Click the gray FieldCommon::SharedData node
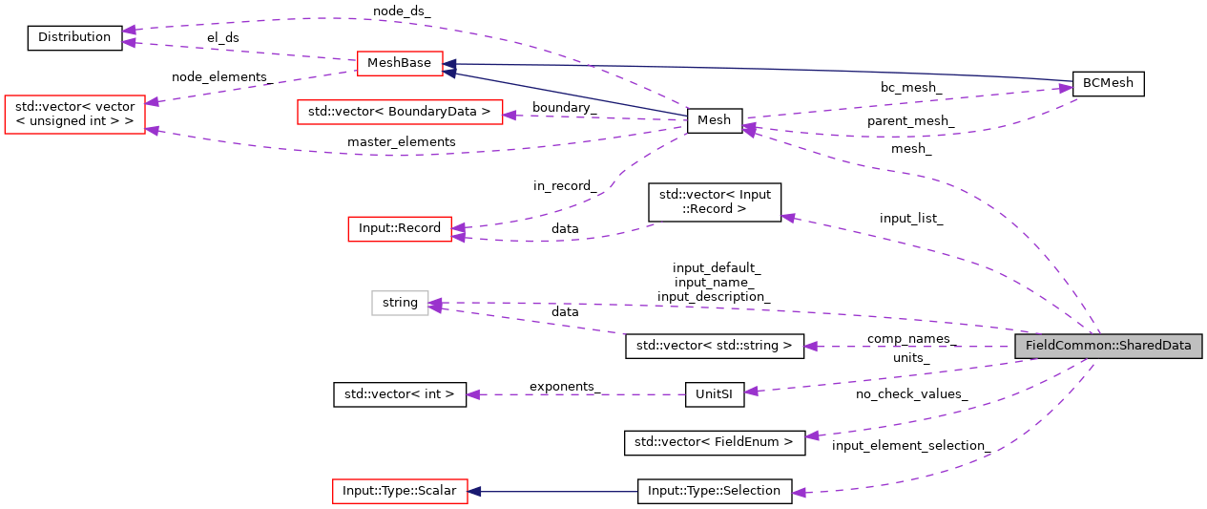[1108, 346]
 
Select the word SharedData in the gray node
[1158, 346]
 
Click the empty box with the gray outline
[400, 303]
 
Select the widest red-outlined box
[400, 112]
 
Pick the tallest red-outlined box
[74, 115]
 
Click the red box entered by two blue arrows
[400, 64]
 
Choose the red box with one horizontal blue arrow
[400, 491]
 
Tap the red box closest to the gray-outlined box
[399, 229]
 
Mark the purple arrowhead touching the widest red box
[510, 116]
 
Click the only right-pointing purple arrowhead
[1066, 89]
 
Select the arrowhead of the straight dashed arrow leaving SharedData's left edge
[810, 347]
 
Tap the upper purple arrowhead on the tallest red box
[152, 101]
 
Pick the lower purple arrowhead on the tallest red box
[152, 130]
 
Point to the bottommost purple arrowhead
[799, 493]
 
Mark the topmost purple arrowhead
[128, 31]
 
